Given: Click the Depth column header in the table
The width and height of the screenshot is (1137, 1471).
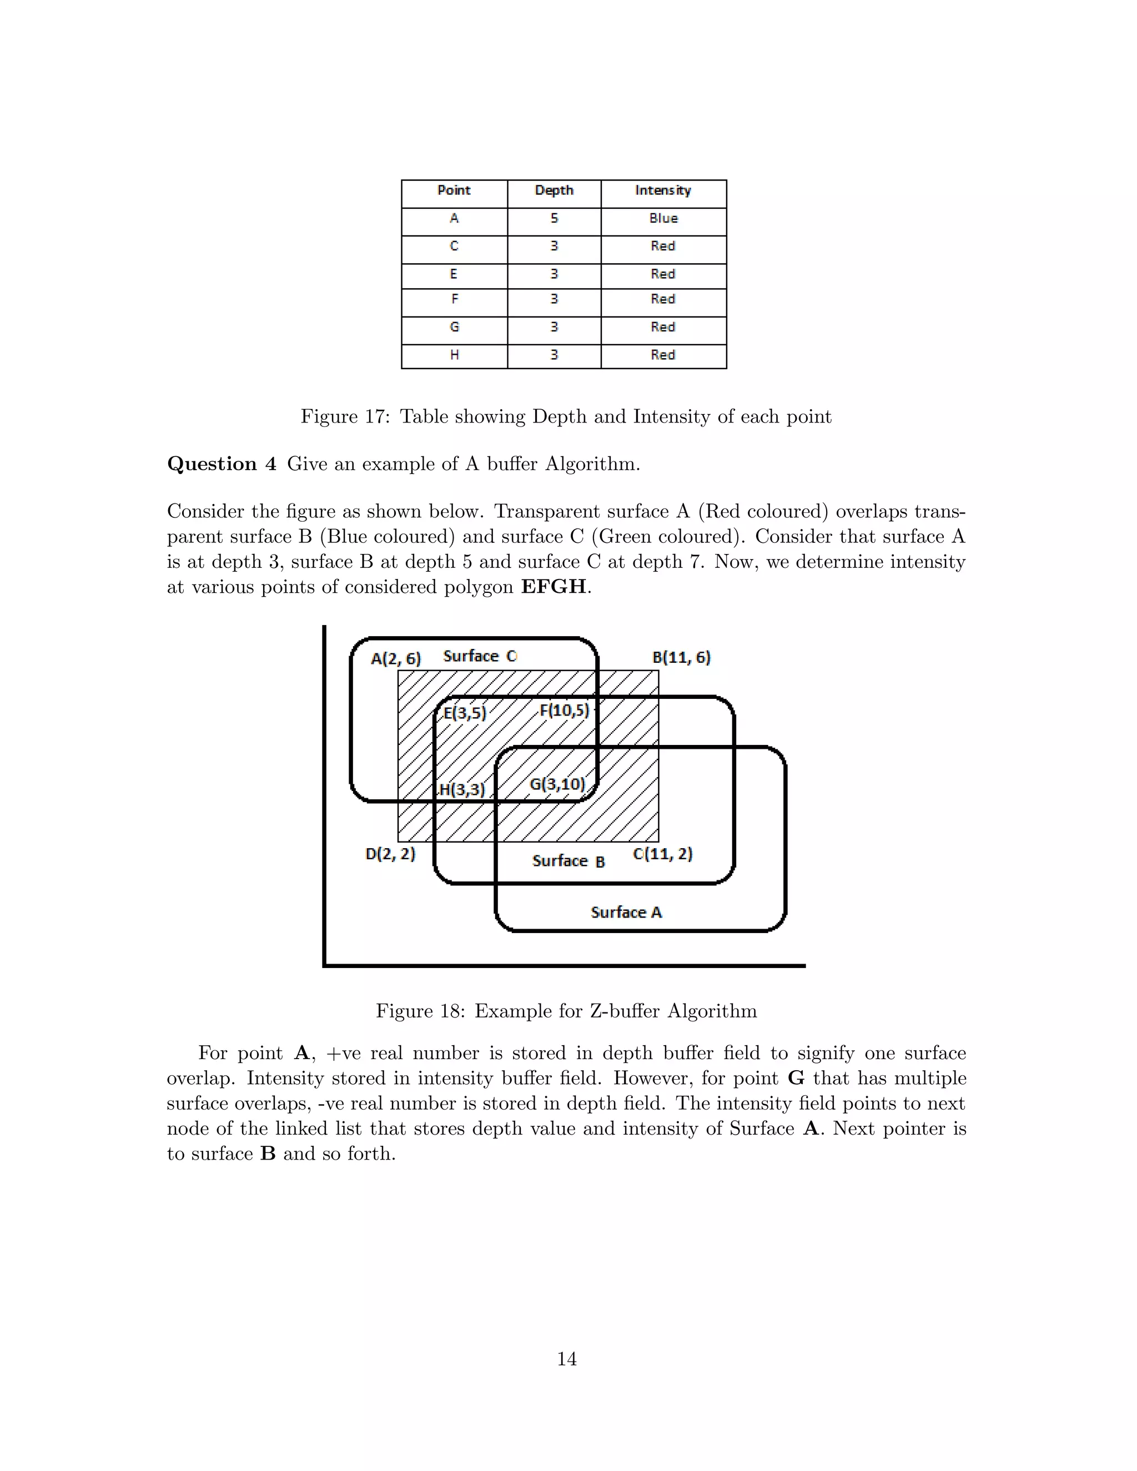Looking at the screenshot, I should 554,190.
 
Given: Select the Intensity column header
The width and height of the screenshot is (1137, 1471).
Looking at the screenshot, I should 663,190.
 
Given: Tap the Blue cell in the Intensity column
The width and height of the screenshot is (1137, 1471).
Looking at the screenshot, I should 663,218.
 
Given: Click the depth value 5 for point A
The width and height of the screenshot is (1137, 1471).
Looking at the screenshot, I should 554,218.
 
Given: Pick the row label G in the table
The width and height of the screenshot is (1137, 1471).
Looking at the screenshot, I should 454,328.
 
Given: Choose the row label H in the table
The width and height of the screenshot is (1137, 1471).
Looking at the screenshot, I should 454,355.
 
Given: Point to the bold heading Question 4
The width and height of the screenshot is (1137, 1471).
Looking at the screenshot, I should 222,464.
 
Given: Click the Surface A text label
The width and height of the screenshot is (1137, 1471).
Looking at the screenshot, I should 626,913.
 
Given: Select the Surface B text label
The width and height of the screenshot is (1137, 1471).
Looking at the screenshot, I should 568,862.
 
